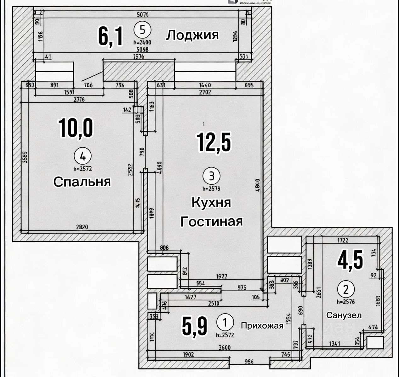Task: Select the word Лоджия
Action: coord(192,35)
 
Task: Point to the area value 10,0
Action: coord(76,128)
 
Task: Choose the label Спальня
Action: coord(82,182)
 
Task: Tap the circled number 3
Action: coord(212,176)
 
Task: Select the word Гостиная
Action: coord(211,221)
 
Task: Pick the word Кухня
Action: coord(211,203)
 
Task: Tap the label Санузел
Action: coord(344,315)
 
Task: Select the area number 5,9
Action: coord(195,326)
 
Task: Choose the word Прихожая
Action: coord(262,325)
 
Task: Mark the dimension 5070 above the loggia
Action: coord(143,14)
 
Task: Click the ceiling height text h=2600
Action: coord(142,42)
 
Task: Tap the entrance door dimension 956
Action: coord(249,362)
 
